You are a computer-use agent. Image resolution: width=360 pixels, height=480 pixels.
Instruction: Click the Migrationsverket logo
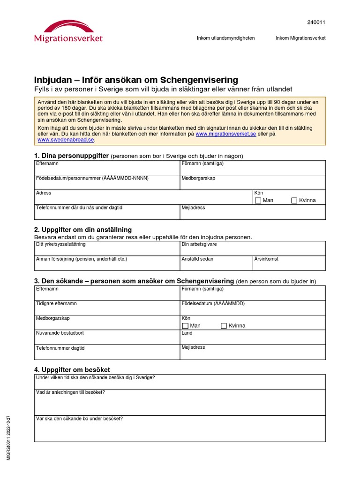(x=68, y=31)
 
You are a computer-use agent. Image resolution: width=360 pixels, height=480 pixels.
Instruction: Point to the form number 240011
(x=316, y=22)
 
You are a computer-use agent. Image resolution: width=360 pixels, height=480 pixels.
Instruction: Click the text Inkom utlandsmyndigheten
(x=225, y=38)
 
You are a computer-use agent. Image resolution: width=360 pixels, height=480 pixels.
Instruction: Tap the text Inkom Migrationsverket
(x=300, y=38)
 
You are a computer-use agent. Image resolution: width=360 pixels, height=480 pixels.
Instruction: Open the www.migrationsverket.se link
(x=225, y=134)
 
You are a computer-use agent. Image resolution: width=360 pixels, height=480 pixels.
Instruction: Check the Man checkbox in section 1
(x=258, y=201)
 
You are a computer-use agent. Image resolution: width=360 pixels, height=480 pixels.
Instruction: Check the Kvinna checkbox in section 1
(x=294, y=201)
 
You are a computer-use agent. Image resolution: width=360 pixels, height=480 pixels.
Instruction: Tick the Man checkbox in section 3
(x=185, y=326)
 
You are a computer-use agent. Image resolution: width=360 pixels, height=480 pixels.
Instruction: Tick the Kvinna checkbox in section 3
(x=224, y=326)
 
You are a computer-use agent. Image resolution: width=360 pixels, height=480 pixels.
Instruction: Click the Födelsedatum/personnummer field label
(x=92, y=179)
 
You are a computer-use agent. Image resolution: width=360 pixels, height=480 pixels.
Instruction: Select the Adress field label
(x=44, y=193)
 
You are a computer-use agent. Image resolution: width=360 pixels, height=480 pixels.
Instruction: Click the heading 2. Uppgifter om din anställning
(x=83, y=230)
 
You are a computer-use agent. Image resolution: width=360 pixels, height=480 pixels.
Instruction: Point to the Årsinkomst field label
(x=265, y=259)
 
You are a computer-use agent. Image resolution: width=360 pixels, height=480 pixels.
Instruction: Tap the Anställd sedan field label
(x=197, y=259)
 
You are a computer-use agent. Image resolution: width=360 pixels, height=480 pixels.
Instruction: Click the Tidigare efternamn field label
(x=56, y=304)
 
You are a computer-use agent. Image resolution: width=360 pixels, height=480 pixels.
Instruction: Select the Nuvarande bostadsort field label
(x=60, y=333)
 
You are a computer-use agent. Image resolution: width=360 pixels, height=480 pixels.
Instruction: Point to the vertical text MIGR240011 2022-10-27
(x=8, y=437)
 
